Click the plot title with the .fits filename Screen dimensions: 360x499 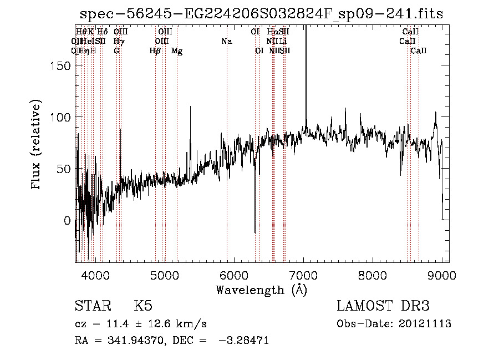click(262, 14)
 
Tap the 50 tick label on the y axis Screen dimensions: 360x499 click(63, 169)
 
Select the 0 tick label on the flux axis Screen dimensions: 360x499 click(67, 220)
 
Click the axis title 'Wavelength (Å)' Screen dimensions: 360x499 click(261, 290)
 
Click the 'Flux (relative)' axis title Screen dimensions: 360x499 click(37, 145)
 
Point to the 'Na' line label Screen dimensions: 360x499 click(226, 42)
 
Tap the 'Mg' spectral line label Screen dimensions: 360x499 click(177, 51)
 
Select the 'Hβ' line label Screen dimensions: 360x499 click(155, 51)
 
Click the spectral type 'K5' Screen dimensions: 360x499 click(143, 306)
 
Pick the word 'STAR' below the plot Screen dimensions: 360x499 click(92, 306)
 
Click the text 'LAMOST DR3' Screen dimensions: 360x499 click(383, 306)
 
